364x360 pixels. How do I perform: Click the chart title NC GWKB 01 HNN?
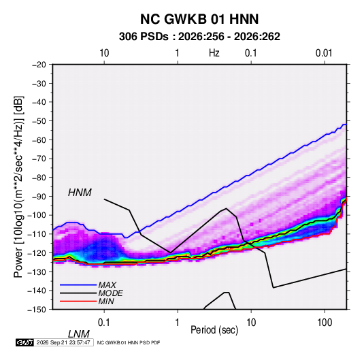pos(199,19)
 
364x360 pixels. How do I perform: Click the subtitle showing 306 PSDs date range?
pos(199,37)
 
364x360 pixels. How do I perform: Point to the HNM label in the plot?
pos(80,193)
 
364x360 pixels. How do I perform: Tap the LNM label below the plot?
pos(79,334)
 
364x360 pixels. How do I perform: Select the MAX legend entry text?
pos(107,285)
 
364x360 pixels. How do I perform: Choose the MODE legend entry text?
pos(110,293)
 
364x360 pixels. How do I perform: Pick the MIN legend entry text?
pos(106,301)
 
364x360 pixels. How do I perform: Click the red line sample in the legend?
pos(78,301)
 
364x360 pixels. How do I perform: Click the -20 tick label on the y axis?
pos(39,65)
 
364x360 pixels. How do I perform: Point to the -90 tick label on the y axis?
pos(39,197)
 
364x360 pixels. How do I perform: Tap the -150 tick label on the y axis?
pos(37,310)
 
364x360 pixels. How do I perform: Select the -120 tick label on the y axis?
pos(37,253)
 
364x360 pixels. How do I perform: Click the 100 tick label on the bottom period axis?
pos(325,323)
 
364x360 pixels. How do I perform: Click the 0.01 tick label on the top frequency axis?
pos(324,53)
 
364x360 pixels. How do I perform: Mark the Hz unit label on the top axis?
pos(214,53)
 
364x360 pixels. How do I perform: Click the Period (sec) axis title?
pos(214,330)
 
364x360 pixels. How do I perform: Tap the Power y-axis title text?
pos(18,187)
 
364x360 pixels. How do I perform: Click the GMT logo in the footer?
pos(25,342)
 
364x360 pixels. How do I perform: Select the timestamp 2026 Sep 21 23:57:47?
pos(63,342)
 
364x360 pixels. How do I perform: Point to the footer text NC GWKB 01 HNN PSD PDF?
pos(129,342)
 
